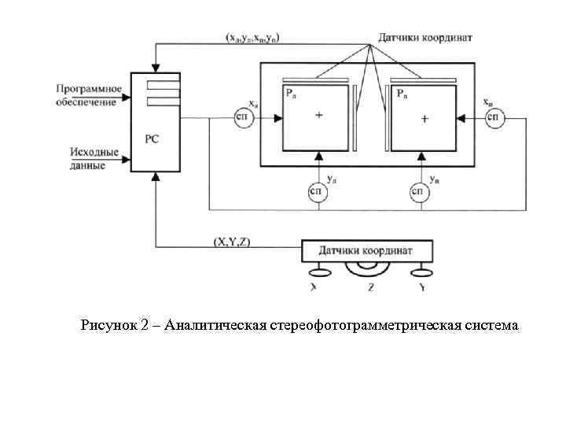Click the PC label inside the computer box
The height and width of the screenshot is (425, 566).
pyautogui.click(x=152, y=139)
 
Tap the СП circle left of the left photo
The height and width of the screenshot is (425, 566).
pyautogui.click(x=242, y=117)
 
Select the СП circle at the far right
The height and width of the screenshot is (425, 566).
pyautogui.click(x=494, y=117)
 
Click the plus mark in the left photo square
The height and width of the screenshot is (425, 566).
pyautogui.click(x=318, y=115)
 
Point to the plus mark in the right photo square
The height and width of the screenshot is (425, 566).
pyautogui.click(x=424, y=119)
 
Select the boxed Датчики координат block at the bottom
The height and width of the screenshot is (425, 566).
pyautogui.click(x=368, y=251)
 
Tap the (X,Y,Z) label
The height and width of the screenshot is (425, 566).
pyautogui.click(x=232, y=241)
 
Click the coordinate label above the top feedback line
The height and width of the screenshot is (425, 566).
pyautogui.click(x=255, y=37)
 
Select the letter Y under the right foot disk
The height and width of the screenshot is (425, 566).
pyautogui.click(x=422, y=288)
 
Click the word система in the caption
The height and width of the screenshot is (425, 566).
pyautogui.click(x=493, y=325)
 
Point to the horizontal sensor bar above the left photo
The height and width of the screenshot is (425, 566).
pyautogui.click(x=315, y=79)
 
